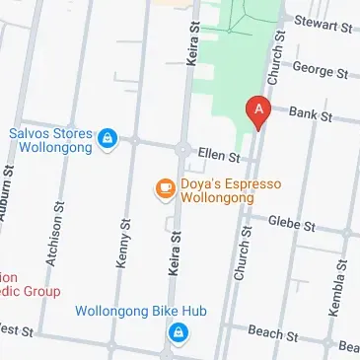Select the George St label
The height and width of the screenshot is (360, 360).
pos(322,72)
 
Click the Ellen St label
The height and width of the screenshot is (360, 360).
pos(220,156)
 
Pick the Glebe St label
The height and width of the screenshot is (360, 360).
pos(295,225)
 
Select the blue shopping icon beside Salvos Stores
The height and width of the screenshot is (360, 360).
pos(107,139)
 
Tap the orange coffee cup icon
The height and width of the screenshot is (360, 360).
pos(164,188)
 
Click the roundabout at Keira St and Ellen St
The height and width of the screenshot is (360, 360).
pos(181,150)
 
